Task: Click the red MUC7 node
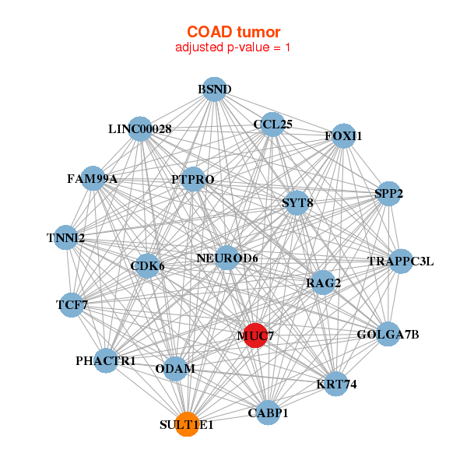[x=255, y=335]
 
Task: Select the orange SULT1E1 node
[x=187, y=424]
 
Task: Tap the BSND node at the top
[x=215, y=90]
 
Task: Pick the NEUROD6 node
[x=227, y=258]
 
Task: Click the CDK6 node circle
[x=147, y=266]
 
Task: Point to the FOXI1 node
[x=343, y=135]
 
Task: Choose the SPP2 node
[x=388, y=194]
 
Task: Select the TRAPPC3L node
[x=401, y=262]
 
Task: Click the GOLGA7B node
[x=388, y=334]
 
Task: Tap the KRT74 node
[x=336, y=384]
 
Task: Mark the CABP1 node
[x=268, y=413]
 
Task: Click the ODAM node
[x=175, y=369]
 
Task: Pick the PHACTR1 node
[x=106, y=360]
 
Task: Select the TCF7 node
[x=72, y=305]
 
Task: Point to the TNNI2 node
[x=66, y=237]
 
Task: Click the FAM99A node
[x=93, y=178]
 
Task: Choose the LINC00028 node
[x=140, y=129]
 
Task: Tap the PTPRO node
[x=193, y=179]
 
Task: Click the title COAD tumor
[x=233, y=32]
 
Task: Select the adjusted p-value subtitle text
[x=233, y=47]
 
